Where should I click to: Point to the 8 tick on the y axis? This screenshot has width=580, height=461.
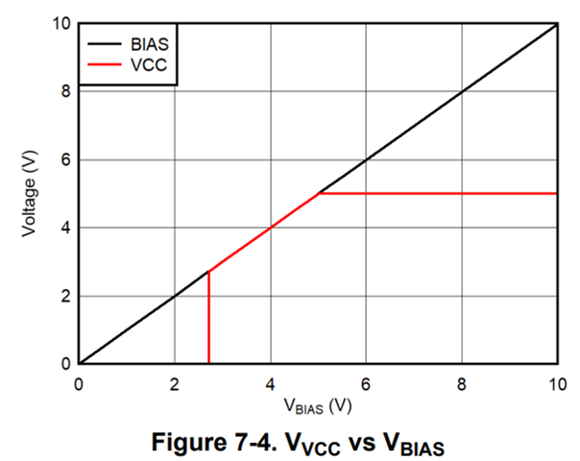coord(66,92)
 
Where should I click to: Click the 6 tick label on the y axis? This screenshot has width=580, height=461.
coord(66,160)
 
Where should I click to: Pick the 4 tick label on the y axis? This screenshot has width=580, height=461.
coord(66,229)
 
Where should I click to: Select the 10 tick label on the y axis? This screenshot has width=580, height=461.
coord(62,24)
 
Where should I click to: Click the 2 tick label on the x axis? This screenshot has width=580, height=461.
coord(175,382)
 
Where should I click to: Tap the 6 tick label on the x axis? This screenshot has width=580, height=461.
coord(366,382)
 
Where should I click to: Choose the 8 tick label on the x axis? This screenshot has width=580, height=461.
coord(462,382)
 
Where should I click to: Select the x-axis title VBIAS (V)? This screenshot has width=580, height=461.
coord(318,405)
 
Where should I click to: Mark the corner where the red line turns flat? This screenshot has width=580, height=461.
coord(319,193)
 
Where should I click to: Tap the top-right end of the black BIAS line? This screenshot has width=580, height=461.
coord(557,24)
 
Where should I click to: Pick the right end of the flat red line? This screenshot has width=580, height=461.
coord(557,193)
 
